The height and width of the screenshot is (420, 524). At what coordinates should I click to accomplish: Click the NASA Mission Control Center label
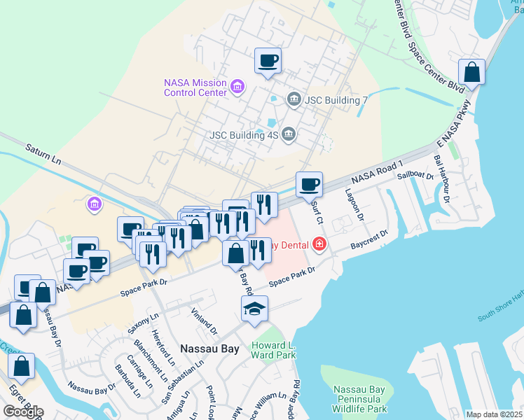point(195,87)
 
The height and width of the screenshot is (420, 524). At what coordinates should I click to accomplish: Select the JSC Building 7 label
point(336,100)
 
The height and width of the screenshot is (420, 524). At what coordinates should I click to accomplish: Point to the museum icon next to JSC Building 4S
point(288,134)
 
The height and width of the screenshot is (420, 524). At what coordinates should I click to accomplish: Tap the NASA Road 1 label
point(378,175)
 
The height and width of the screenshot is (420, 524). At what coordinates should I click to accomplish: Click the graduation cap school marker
point(255,308)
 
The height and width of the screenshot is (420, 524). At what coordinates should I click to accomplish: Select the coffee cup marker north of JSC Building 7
point(268,60)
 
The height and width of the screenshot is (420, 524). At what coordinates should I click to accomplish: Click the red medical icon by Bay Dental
point(319,244)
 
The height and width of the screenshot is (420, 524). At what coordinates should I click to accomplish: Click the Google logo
point(23,412)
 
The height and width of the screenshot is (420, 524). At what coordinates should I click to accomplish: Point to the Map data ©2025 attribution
point(494,414)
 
